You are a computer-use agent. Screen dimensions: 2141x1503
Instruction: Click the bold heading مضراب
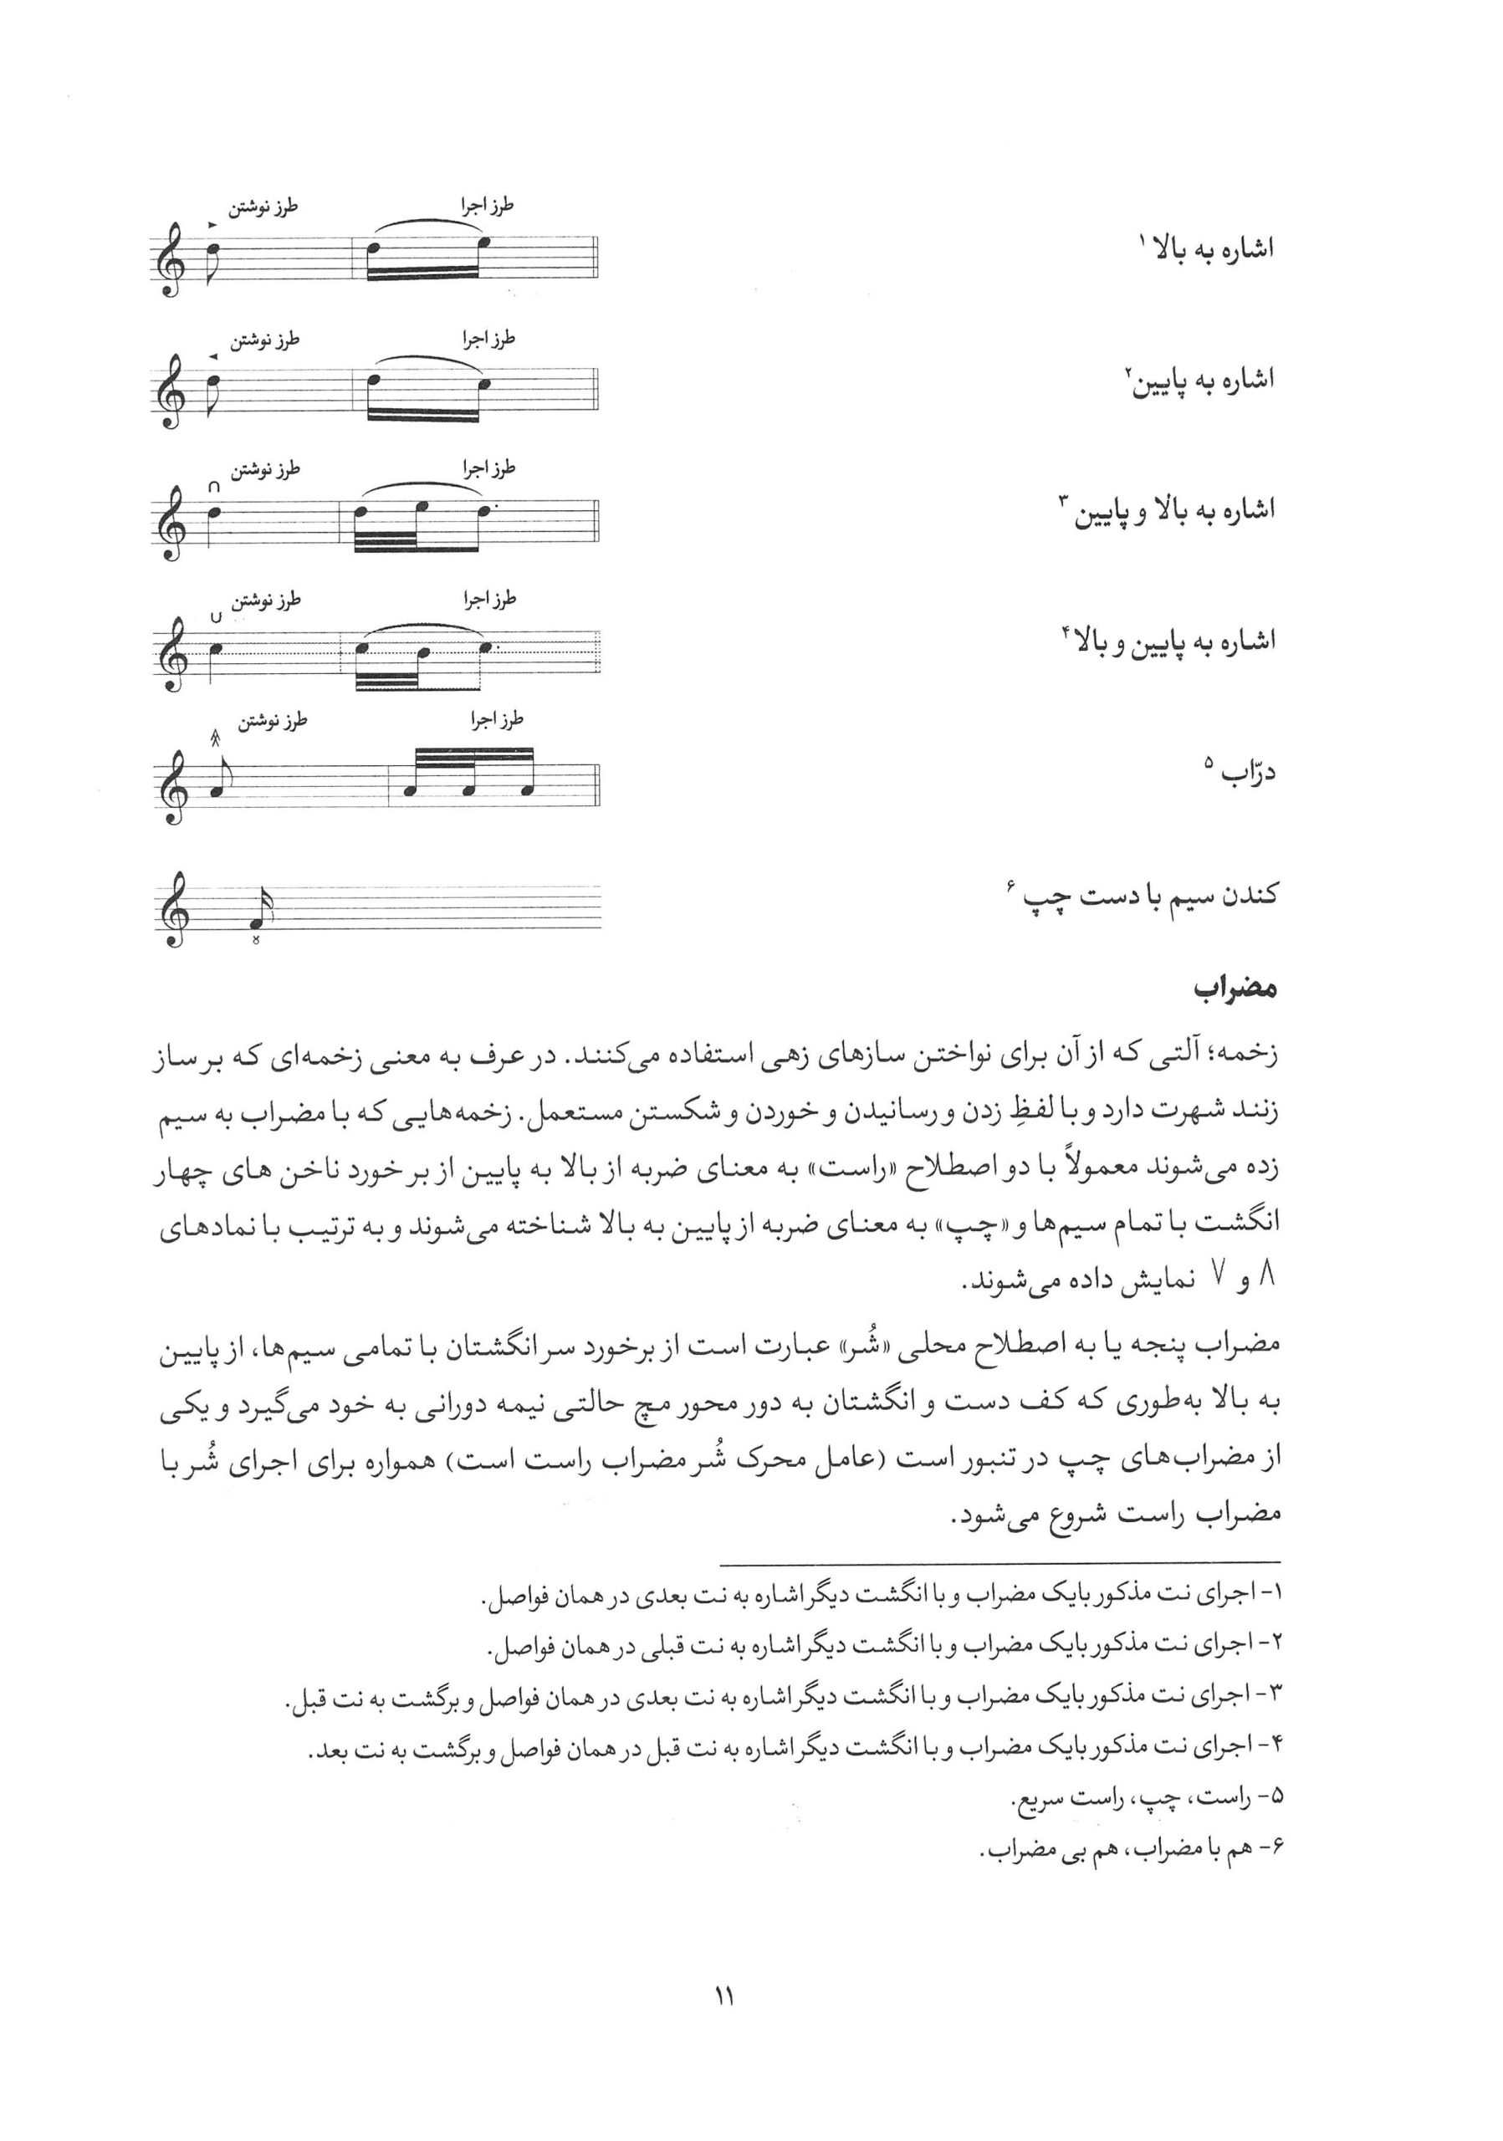pos(1236,988)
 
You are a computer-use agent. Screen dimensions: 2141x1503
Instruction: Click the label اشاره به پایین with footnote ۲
pos(1197,380)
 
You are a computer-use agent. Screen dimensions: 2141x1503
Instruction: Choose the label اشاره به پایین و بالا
pos(1168,641)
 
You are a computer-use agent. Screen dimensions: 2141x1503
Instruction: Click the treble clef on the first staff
pos(171,265)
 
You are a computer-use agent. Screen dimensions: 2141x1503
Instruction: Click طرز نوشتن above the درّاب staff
pos(273,720)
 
